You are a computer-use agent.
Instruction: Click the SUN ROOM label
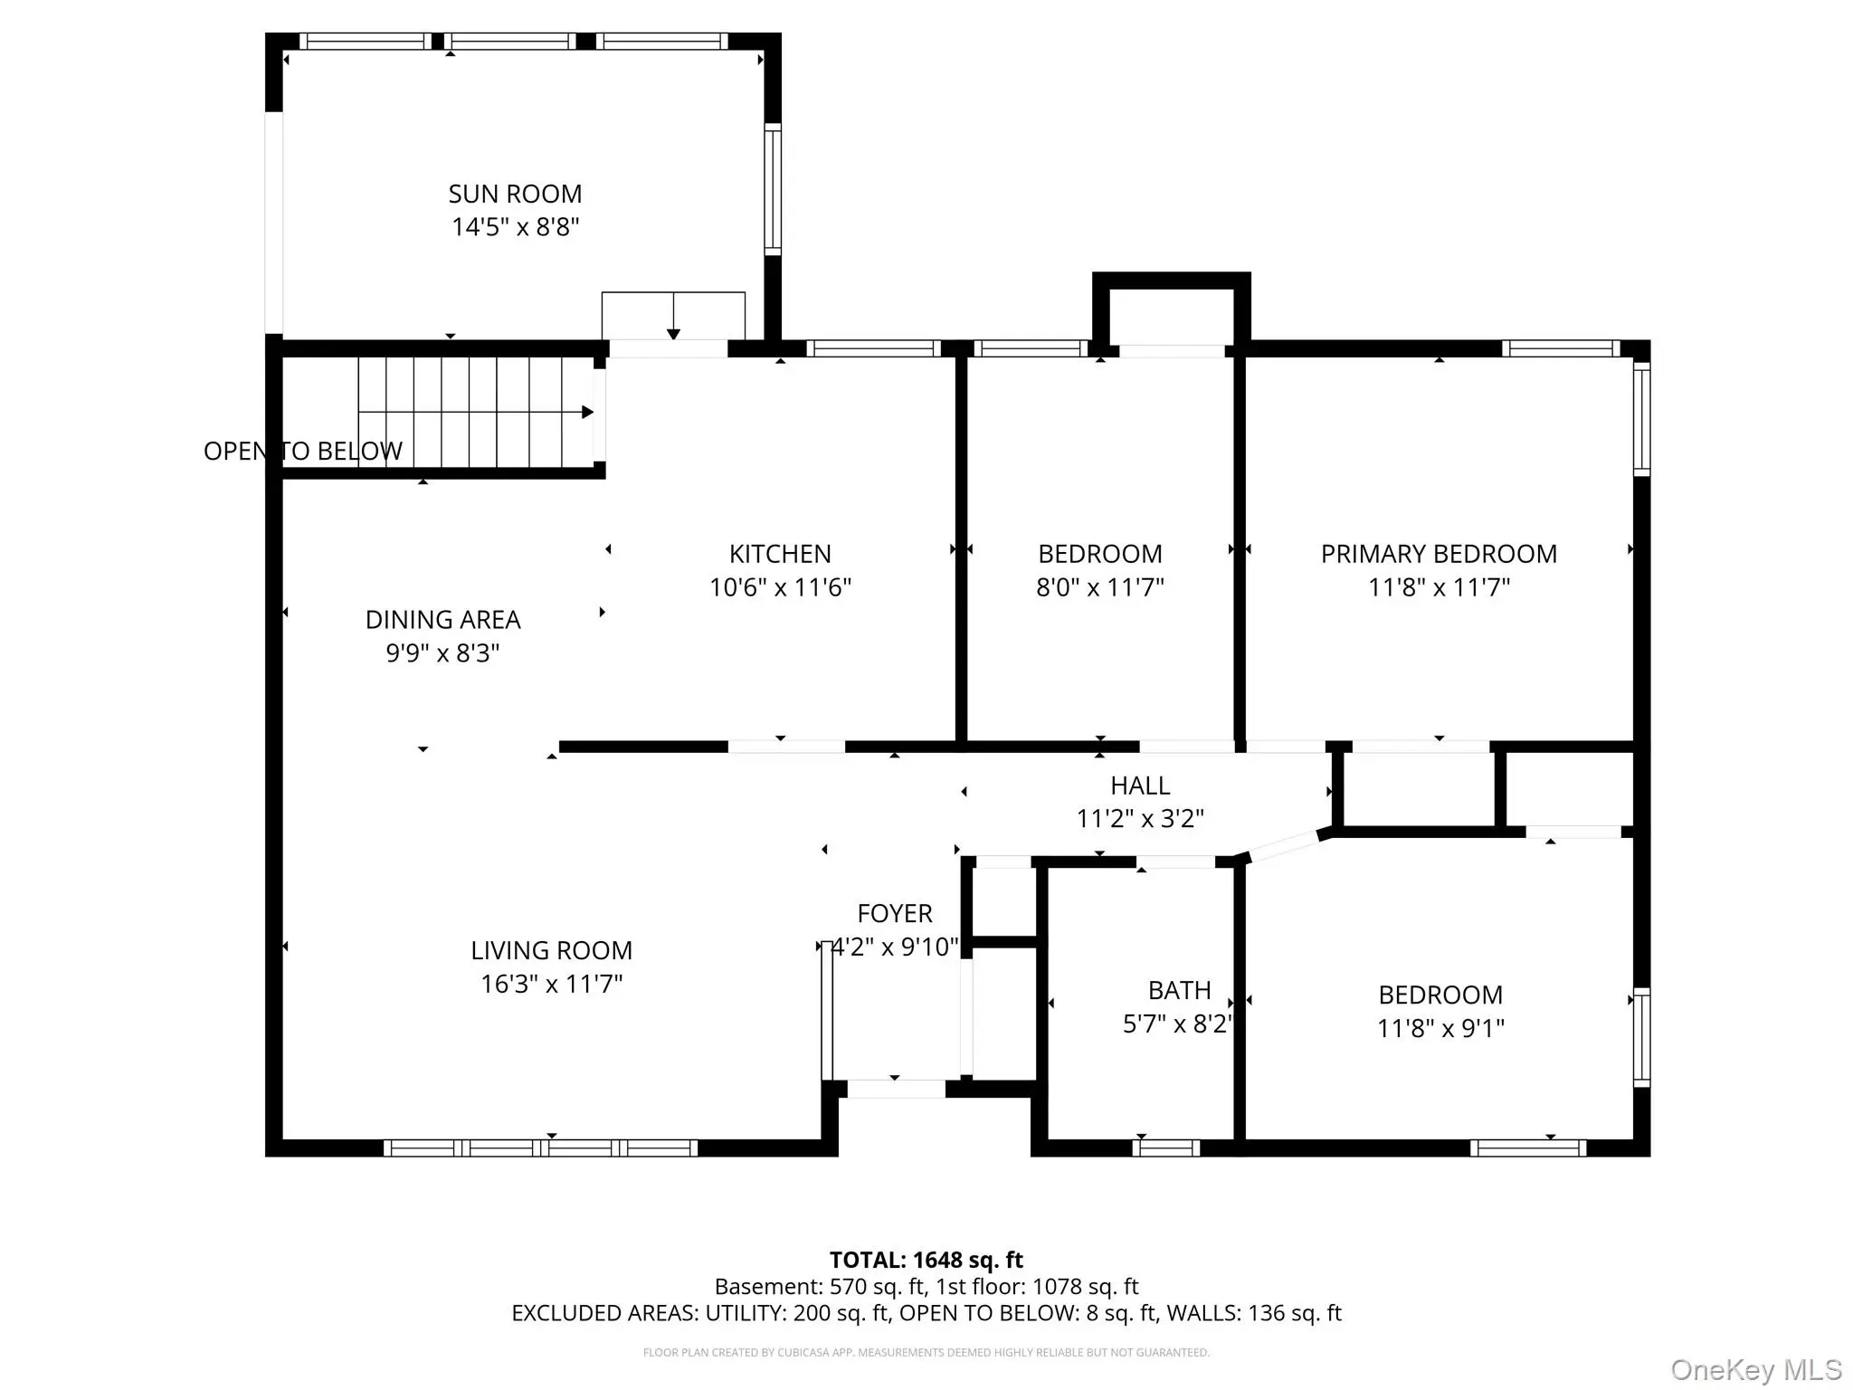coord(515,194)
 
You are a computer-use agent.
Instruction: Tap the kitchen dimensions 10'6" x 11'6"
coord(780,587)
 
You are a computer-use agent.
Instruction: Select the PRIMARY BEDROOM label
coord(1439,554)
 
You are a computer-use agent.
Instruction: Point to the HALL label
coord(1140,785)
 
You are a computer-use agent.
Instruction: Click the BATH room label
coord(1180,990)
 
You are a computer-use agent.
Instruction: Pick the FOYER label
coord(895,913)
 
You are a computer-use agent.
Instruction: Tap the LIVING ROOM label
coord(551,950)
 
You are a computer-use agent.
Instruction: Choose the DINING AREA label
coord(442,620)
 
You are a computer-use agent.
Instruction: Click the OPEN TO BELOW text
coord(303,451)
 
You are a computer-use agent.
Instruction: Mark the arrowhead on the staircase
coord(587,413)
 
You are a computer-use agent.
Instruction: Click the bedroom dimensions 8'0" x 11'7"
coord(1100,587)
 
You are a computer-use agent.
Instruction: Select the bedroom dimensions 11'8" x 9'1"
coord(1440,1028)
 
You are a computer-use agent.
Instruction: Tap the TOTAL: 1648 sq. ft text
coord(926,1260)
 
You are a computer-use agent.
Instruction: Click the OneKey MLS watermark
coord(1756,1369)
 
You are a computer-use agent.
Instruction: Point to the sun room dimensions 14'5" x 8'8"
coord(515,226)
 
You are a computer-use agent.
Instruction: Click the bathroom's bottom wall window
coord(1166,1148)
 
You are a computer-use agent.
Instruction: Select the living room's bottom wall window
coord(541,1148)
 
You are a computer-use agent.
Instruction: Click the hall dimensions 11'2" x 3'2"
coord(1140,819)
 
